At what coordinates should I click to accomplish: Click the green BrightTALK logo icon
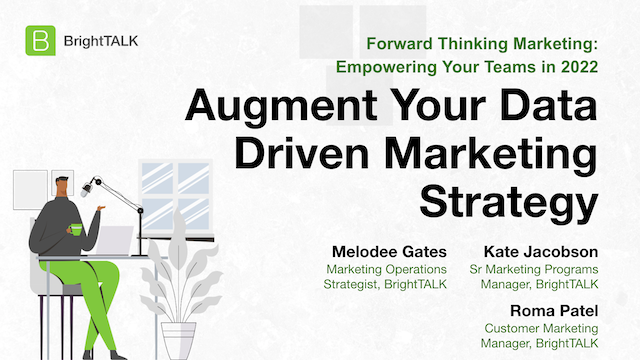(x=39, y=42)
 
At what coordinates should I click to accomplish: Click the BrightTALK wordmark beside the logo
(x=100, y=42)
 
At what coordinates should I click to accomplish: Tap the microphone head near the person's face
(x=88, y=186)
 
